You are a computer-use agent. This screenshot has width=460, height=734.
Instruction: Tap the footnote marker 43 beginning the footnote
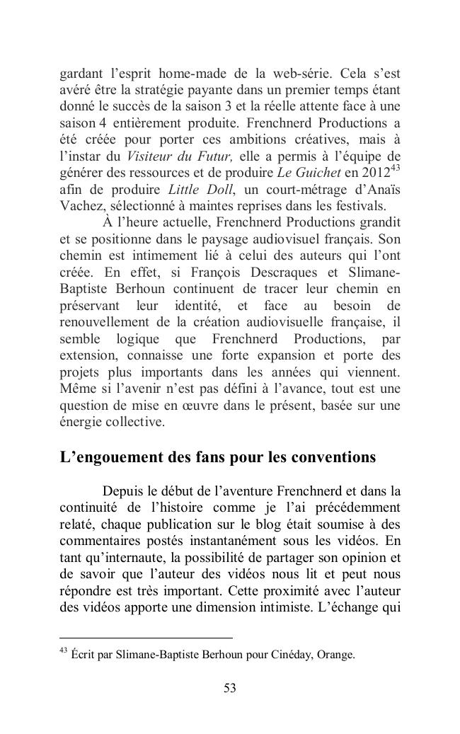63,651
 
